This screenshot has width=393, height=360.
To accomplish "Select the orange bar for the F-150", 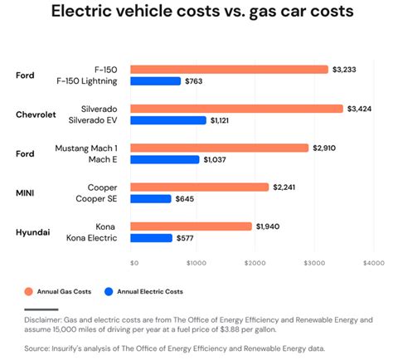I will [x=229, y=70].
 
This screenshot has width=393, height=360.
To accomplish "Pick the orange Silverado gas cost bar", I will [x=236, y=109].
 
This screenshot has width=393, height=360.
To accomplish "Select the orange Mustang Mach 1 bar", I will [x=220, y=148].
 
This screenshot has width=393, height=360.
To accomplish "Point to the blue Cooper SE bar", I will [x=151, y=198].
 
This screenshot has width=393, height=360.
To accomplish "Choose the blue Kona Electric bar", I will [x=152, y=238].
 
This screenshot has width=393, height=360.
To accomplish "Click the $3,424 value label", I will [x=361, y=109].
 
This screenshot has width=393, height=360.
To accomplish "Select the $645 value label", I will [x=187, y=198].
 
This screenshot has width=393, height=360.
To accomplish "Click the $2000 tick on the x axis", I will [x=255, y=263].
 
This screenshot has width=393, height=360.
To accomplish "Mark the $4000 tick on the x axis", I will [x=373, y=263].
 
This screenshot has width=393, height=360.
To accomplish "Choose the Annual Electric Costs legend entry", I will [x=148, y=291].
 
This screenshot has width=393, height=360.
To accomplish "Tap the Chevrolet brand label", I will [x=36, y=114].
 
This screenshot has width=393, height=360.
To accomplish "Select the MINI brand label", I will [x=26, y=192].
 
